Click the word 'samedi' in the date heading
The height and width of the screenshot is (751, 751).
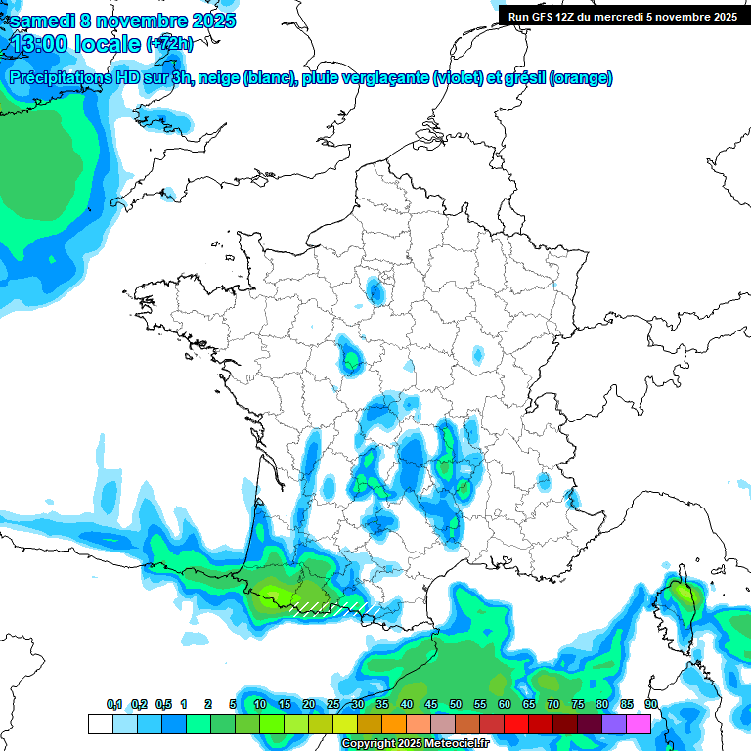[40, 21]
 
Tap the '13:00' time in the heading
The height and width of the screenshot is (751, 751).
[40, 43]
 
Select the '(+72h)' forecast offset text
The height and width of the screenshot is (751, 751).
[170, 44]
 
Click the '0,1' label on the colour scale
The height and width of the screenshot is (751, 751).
[114, 704]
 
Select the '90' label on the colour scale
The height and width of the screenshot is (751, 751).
[650, 704]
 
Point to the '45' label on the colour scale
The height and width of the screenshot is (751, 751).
[431, 704]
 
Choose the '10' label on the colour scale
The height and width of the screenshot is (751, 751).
[259, 704]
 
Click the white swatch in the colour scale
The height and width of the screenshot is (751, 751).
[100, 724]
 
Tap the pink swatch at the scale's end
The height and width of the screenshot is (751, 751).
[639, 724]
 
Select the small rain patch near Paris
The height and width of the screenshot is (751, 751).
[375, 289]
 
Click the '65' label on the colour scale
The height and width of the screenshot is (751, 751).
[529, 704]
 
